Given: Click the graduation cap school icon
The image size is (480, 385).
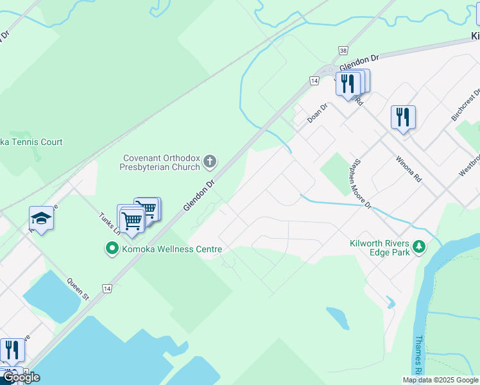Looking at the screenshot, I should (41, 218).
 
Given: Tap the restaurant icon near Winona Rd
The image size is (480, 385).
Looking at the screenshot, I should (403, 117).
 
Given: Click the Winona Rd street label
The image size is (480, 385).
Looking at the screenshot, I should (408, 169).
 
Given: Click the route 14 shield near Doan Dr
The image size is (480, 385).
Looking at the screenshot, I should (314, 80).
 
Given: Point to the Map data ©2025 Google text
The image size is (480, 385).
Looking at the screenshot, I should (440, 380).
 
